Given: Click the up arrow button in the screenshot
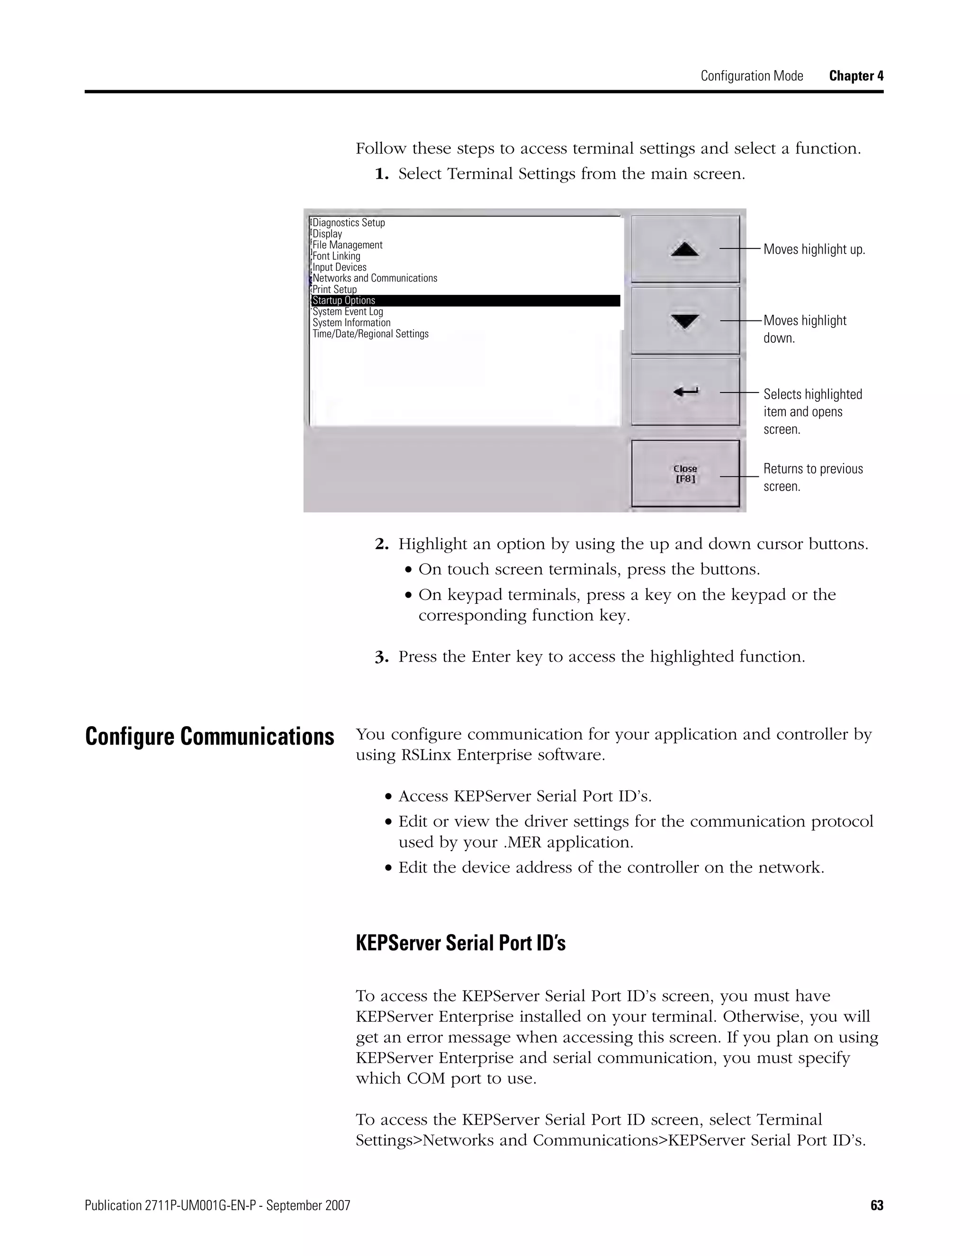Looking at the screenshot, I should point(685,249).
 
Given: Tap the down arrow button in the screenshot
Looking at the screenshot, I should point(685,321).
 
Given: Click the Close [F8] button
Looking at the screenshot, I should point(685,473).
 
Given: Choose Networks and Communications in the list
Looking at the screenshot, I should point(375,278).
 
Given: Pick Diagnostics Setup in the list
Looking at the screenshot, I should point(349,223).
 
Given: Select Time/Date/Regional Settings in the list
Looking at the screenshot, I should point(371,334).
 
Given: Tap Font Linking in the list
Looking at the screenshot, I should point(336,256).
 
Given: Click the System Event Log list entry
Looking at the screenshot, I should point(348,312).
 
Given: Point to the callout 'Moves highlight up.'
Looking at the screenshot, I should point(814,250).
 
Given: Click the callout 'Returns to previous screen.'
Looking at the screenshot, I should point(813,477).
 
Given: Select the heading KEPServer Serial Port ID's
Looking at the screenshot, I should point(460,943).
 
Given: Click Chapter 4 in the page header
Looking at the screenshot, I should point(856,76).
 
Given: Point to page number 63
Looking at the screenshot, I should point(876,1205).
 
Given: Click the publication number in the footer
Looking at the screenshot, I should point(217,1205).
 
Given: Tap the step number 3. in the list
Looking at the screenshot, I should point(382,657).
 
